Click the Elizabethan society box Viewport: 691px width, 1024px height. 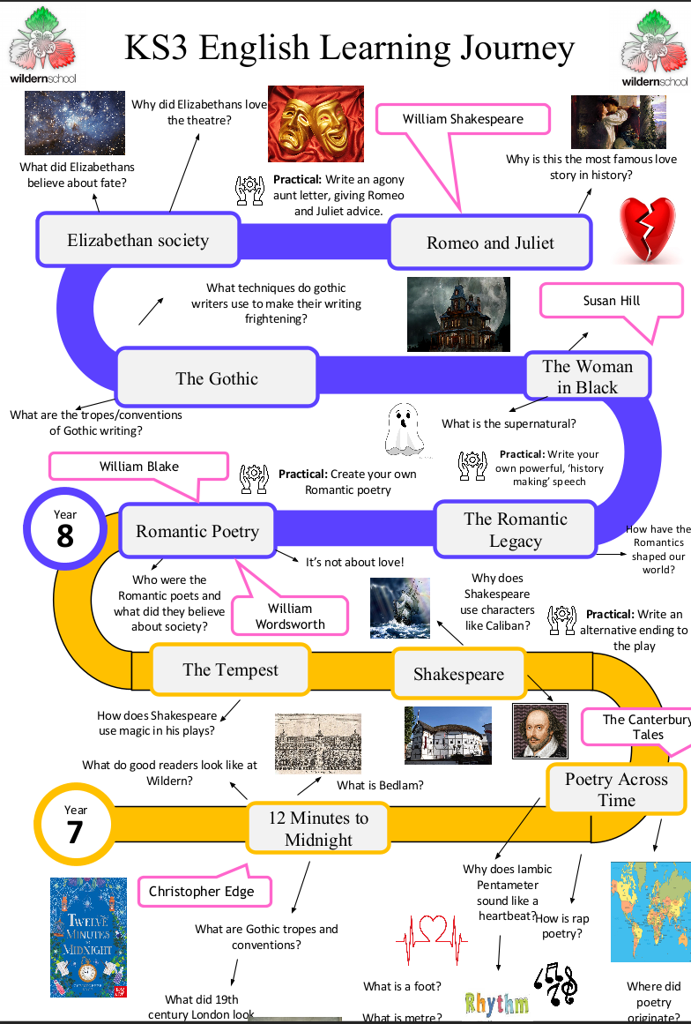click(137, 240)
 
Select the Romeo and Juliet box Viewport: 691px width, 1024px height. click(490, 243)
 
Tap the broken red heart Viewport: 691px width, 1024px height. click(647, 229)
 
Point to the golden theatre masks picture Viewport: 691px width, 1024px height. click(316, 123)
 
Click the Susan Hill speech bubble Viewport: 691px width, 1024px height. click(612, 301)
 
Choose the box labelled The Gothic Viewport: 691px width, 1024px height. click(217, 378)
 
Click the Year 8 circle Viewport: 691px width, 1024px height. click(64, 528)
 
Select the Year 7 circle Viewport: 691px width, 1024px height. click(75, 825)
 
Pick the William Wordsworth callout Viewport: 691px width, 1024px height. click(290, 615)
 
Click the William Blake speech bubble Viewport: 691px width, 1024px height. click(139, 467)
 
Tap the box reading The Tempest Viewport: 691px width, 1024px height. click(230, 669)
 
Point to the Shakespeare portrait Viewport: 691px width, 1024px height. click(540, 731)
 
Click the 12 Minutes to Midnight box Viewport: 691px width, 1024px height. click(318, 828)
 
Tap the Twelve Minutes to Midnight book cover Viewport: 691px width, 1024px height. click(89, 938)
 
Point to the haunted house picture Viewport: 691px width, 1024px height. click(458, 314)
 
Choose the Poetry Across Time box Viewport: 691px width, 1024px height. click(617, 789)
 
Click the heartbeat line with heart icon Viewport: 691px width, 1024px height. click(432, 939)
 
